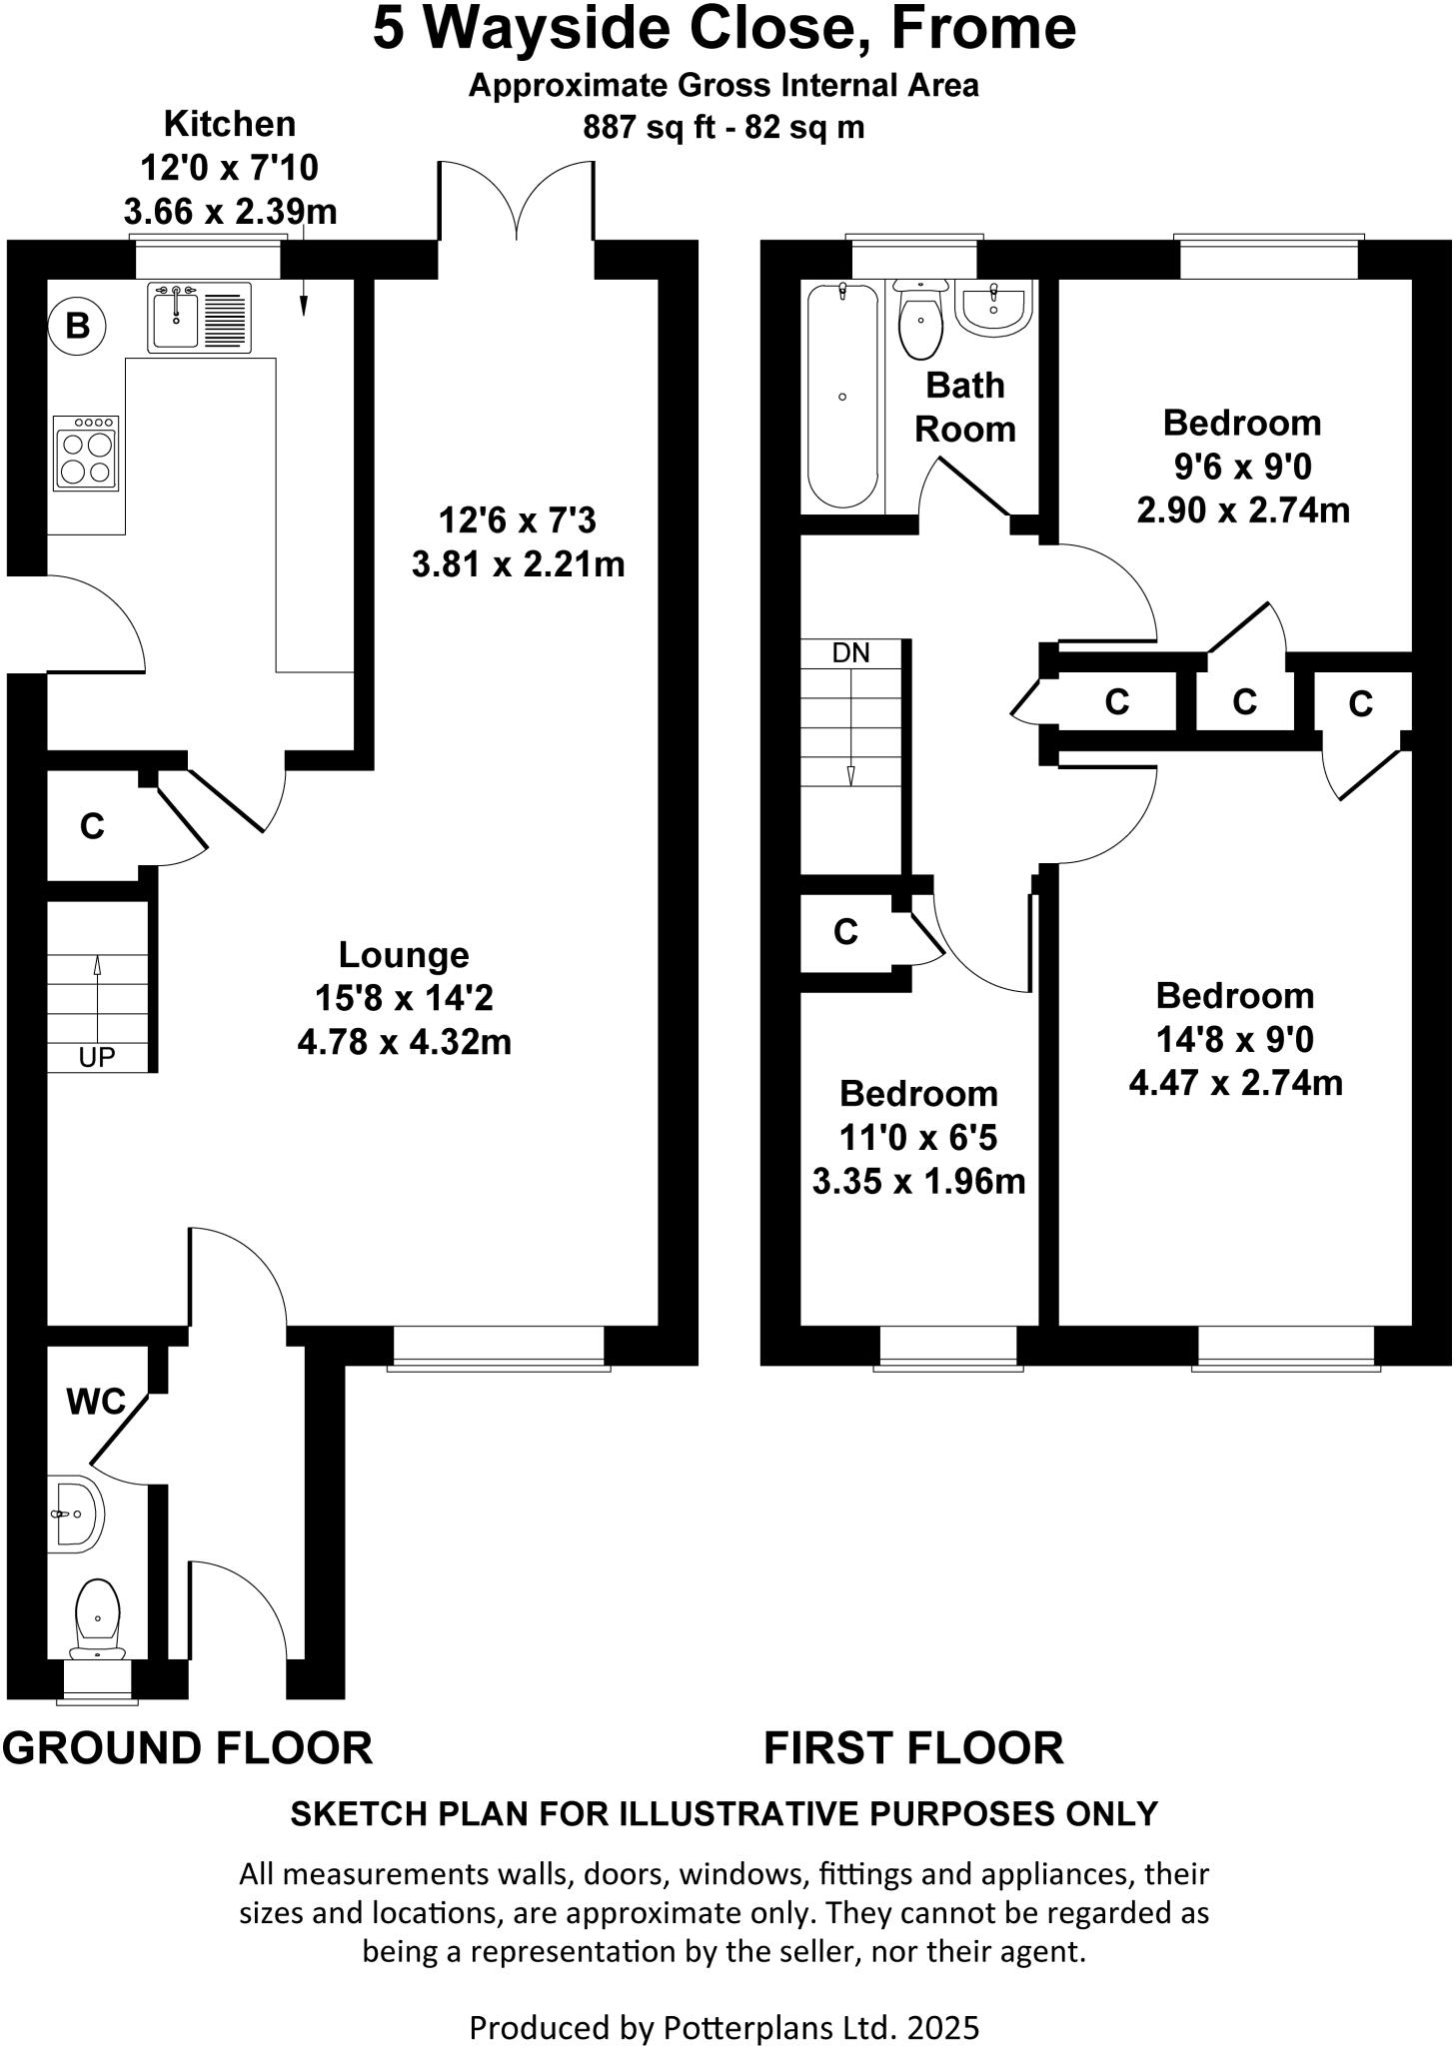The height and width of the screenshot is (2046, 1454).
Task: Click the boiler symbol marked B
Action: (x=77, y=325)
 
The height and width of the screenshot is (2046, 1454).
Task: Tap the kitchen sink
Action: (x=199, y=318)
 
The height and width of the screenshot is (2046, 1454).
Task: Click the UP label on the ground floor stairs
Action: (x=97, y=1057)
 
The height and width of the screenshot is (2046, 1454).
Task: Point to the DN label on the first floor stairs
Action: (x=850, y=653)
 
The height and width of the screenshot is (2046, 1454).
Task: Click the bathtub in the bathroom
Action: (x=842, y=396)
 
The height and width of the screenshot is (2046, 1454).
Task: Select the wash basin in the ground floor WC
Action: (x=77, y=1514)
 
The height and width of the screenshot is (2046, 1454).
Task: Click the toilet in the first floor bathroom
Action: (x=920, y=319)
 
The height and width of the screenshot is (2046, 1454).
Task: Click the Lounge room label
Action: (x=404, y=955)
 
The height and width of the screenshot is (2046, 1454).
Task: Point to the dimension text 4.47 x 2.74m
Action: (x=1235, y=1083)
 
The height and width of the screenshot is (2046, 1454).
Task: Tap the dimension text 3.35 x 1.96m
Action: (x=918, y=1182)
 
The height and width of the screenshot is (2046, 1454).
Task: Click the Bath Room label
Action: (x=964, y=407)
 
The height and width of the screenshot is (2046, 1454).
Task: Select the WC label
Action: (x=96, y=1403)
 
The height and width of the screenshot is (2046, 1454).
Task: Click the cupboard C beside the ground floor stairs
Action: (x=92, y=826)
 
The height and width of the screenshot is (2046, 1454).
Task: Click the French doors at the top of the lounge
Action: (x=517, y=205)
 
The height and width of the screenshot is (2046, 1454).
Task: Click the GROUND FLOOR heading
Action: (x=187, y=1748)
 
